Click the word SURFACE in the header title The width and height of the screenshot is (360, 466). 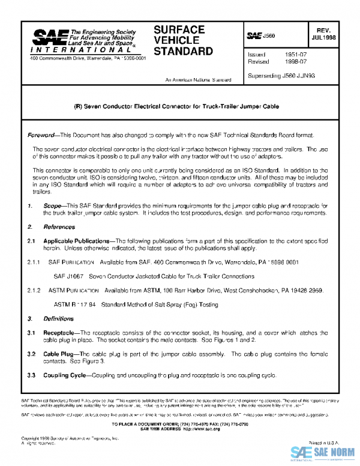(x=179, y=29)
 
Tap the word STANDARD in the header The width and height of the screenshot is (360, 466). (x=183, y=51)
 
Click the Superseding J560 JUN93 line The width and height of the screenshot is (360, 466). (x=281, y=76)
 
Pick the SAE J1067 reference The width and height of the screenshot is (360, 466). (x=67, y=276)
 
